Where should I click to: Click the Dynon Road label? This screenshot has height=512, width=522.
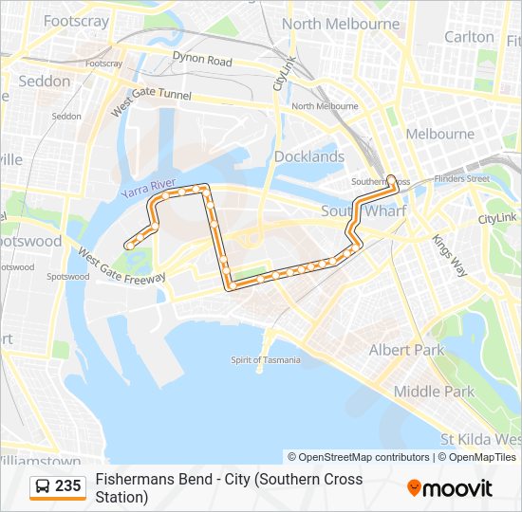pyautogui.click(x=201, y=61)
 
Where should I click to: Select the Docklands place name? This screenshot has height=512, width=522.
pyautogui.click(x=309, y=156)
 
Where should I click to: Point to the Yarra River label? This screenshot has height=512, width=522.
pyautogui.click(x=149, y=187)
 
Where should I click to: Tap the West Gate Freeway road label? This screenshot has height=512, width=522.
pyautogui.click(x=121, y=265)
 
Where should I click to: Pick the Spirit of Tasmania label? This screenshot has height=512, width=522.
pyautogui.click(x=266, y=360)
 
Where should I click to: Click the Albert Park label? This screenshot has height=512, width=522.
pyautogui.click(x=406, y=350)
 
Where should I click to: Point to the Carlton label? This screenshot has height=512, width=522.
pyautogui.click(x=470, y=37)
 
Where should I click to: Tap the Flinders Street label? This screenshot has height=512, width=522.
pyautogui.click(x=461, y=178)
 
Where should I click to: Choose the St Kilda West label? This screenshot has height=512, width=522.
pyautogui.click(x=481, y=440)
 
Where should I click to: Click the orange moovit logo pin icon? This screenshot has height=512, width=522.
pyautogui.click(x=414, y=488)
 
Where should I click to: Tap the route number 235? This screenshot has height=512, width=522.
pyautogui.click(x=68, y=486)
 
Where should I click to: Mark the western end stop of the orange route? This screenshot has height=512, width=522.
pyautogui.click(x=126, y=246)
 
